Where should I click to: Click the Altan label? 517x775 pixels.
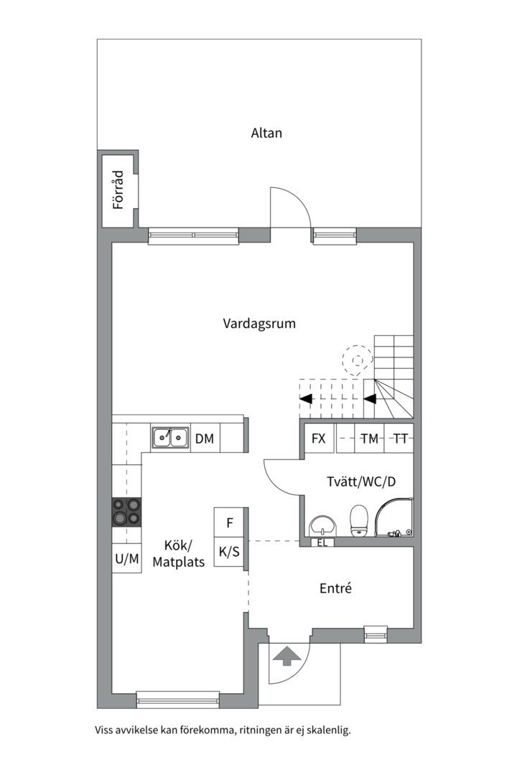pos(266,133)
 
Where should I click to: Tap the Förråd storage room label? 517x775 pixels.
pos(118,190)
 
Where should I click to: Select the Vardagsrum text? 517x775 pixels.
pos(259,324)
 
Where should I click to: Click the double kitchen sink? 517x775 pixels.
pos(169,438)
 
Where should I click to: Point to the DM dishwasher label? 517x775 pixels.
pos(205,438)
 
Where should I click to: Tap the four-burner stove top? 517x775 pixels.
pos(126,512)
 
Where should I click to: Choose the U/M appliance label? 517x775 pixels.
pos(127,559)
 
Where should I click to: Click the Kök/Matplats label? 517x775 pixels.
pos(178,553)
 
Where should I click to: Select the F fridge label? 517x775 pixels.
pos(230,522)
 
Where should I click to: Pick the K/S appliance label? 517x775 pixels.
pos(229,552)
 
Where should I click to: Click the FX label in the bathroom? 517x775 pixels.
pos(319,438)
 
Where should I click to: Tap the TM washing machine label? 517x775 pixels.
pos(370,438)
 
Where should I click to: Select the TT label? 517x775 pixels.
pos(400,438)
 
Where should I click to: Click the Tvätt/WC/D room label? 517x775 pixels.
pos(361,482)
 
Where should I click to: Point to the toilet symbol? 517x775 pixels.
pos(359,520)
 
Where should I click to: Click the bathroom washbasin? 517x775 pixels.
pos(322,526)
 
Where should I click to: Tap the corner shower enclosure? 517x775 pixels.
pos(393,518)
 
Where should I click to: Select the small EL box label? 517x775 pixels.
pos(322,542)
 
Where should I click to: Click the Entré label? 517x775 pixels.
pos(335,588)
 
